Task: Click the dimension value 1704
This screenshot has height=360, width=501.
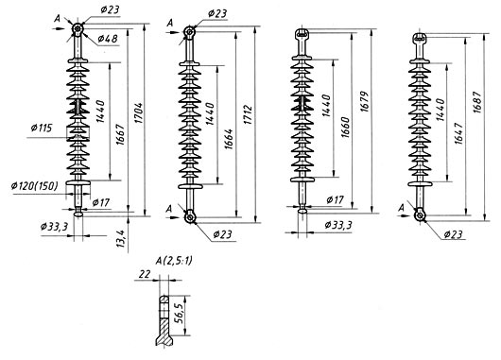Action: click(139, 113)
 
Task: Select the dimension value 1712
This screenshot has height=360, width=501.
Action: click(249, 114)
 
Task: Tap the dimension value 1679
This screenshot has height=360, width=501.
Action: click(365, 102)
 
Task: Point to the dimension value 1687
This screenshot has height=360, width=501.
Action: click(477, 102)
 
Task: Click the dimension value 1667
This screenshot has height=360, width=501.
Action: click(120, 135)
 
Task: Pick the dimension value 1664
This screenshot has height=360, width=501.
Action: click(229, 139)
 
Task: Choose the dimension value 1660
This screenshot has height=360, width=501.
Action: click(345, 128)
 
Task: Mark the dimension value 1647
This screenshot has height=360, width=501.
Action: click(458, 133)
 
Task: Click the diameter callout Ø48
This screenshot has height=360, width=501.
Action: click(108, 39)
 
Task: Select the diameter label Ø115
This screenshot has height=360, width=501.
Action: click(41, 129)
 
